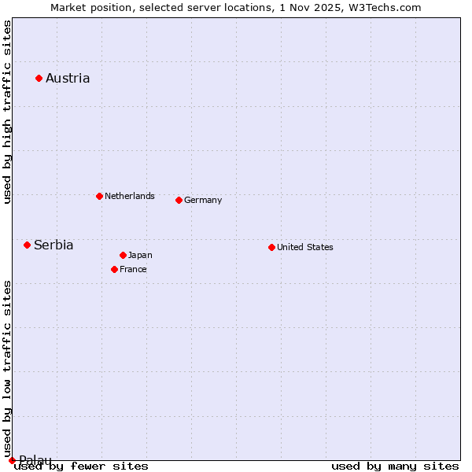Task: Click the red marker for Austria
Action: [39, 78]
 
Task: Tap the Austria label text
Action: [68, 78]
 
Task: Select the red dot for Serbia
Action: [27, 245]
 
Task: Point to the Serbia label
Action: [53, 245]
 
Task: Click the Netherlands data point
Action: [99, 196]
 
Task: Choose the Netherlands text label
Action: [130, 196]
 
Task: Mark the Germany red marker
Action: [179, 200]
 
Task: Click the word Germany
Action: [203, 200]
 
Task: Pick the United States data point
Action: [271, 247]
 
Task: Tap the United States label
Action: [305, 247]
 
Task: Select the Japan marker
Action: [123, 255]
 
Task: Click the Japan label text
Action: [140, 255]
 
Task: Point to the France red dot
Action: [114, 269]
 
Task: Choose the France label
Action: [133, 269]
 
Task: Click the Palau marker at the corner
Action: [12, 460]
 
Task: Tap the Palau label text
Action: [35, 460]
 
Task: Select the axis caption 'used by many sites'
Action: [395, 466]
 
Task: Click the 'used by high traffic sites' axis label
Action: [7, 112]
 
